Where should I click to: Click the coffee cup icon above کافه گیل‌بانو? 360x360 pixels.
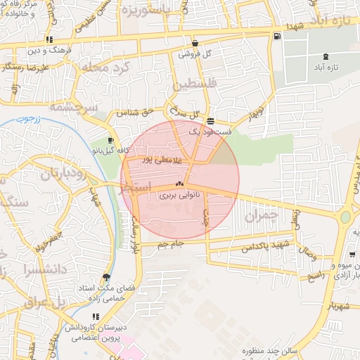coord(110,140)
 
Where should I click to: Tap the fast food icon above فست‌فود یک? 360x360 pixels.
coord(210,122)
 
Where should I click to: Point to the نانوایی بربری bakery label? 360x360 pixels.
coord(179,195)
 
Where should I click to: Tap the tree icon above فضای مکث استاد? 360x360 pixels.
coord(106,277)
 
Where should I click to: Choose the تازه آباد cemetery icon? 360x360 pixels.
coord(325,56)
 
